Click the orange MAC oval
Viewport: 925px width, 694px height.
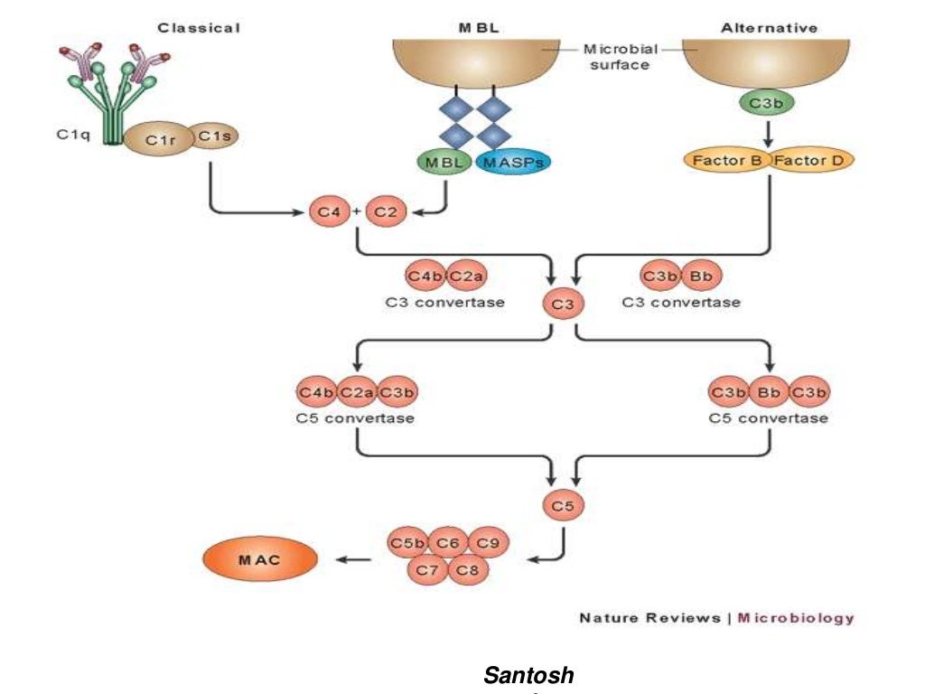[x=260, y=560]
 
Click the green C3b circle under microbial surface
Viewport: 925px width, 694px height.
[x=766, y=104]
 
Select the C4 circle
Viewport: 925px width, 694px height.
[x=326, y=211]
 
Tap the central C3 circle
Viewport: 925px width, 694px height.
[x=562, y=305]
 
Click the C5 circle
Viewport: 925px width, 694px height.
[x=562, y=505]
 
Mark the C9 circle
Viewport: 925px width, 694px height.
[x=488, y=542]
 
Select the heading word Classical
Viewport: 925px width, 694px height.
[x=199, y=28]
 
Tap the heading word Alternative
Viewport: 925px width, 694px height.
[x=769, y=28]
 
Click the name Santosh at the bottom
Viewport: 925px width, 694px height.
[x=528, y=674]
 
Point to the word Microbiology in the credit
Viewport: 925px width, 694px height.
[x=795, y=618]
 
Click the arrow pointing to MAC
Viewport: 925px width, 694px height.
[x=354, y=560]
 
